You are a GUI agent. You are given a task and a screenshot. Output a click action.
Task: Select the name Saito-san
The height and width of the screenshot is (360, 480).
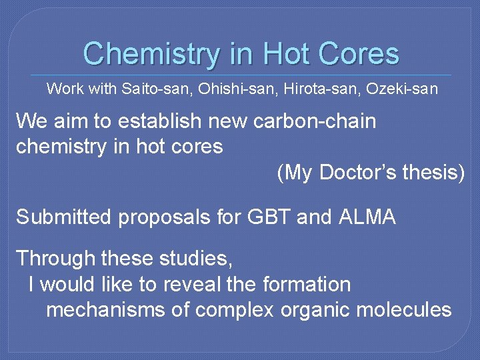point(147,89)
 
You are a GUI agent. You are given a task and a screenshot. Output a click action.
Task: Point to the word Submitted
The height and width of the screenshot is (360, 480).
point(63,217)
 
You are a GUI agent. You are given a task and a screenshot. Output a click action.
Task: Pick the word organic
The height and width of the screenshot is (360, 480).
point(316,310)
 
